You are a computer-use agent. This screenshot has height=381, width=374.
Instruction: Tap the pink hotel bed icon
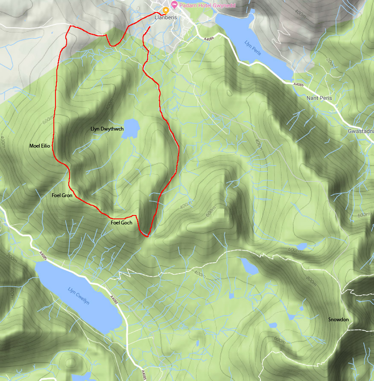[174, 5]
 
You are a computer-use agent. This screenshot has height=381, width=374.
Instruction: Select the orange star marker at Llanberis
[166, 10]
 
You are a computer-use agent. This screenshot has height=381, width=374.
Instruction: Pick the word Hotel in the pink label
[207, 5]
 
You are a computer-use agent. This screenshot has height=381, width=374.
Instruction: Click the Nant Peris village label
[319, 98]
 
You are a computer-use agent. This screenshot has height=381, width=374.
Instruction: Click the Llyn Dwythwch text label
[107, 129]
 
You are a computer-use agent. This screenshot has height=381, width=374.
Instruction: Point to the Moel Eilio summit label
[40, 146]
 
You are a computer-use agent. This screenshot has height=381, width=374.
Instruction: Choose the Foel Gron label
[61, 195]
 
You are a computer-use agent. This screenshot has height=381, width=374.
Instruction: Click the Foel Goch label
[121, 223]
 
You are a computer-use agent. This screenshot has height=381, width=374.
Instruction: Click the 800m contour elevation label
[313, 279]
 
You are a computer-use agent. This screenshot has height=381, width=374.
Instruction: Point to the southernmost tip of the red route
[147, 236]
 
